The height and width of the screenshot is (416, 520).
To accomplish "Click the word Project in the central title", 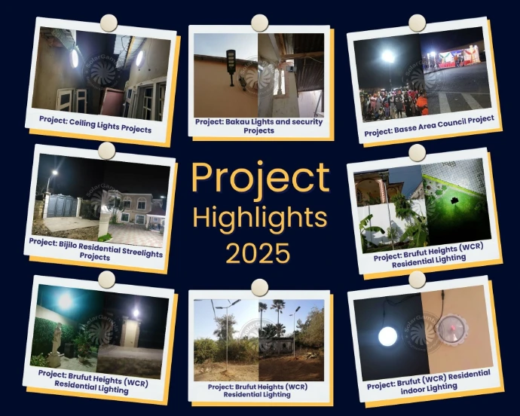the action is (x=261, y=179).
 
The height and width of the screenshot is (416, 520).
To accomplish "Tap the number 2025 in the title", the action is (x=258, y=253).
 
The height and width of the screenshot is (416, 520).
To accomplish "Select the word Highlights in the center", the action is (x=260, y=218).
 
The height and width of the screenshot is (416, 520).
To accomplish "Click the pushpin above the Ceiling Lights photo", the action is (x=109, y=23).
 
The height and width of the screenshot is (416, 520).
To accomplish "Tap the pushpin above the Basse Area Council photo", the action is (x=417, y=23).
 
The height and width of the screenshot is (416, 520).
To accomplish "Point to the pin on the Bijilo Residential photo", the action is (x=107, y=151).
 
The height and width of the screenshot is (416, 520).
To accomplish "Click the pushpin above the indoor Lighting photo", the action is (x=417, y=280).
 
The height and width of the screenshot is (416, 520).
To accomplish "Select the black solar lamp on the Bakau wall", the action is (x=231, y=66).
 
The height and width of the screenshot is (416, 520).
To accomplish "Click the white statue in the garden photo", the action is (x=57, y=341).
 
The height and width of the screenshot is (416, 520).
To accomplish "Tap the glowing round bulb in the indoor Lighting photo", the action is (x=387, y=336).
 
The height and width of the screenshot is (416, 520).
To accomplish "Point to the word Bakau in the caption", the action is (x=237, y=122).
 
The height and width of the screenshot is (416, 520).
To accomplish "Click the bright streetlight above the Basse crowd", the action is (x=387, y=57).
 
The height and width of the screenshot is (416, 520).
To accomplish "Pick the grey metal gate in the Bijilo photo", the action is (x=63, y=206).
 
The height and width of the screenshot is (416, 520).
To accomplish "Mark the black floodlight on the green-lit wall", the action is (x=454, y=201).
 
